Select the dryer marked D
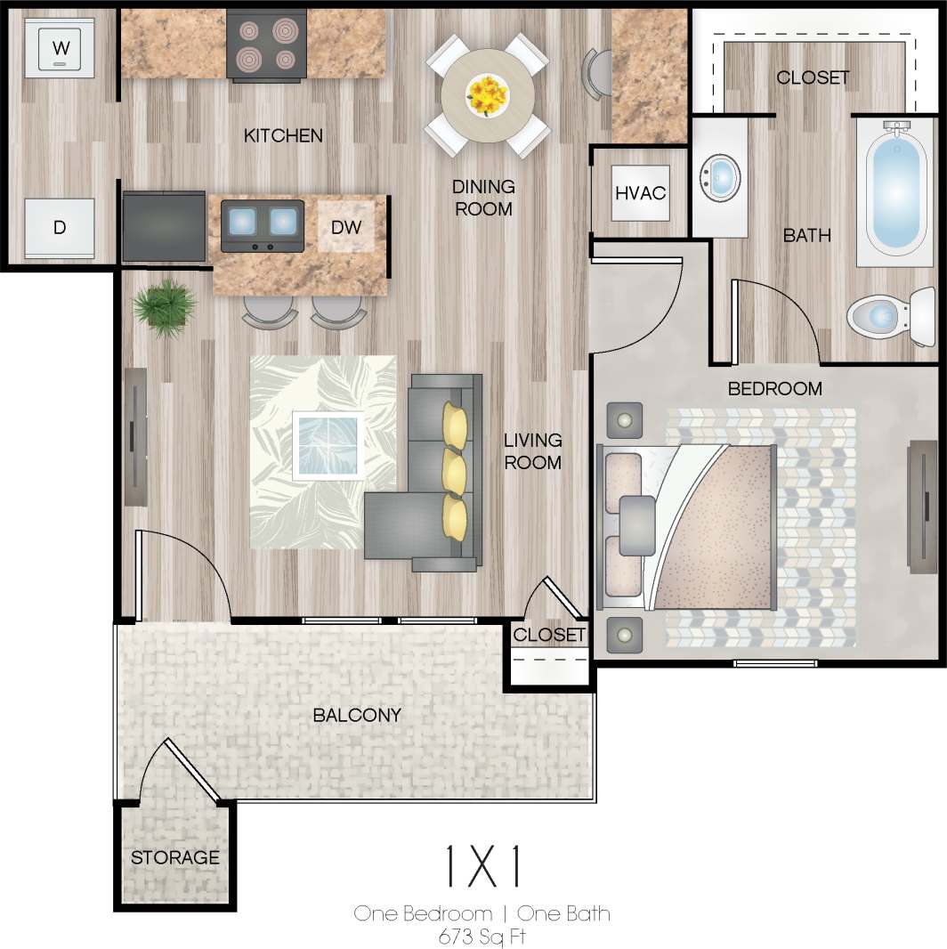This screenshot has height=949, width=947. coord(59,228)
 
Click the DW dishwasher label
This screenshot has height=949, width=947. coord(346,227)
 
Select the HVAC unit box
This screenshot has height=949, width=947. coord(640,192)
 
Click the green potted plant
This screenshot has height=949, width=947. coord(165,307)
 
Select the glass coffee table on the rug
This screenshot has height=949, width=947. coord(328,445)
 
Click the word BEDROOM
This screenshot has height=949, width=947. coord(774,389)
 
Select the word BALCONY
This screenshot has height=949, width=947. coord(356,715)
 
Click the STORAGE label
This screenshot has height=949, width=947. coord(174,857)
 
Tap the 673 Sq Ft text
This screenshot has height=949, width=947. coord(482,935)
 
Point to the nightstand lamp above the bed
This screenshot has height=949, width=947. coord(625,418)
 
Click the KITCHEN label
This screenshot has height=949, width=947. coord(283,135)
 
